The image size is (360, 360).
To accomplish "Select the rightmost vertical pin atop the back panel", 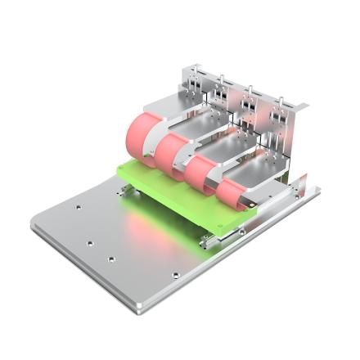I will pyautogui.click(x=282, y=103).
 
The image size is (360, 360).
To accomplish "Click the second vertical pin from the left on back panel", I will pyautogui.click(x=220, y=82).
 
